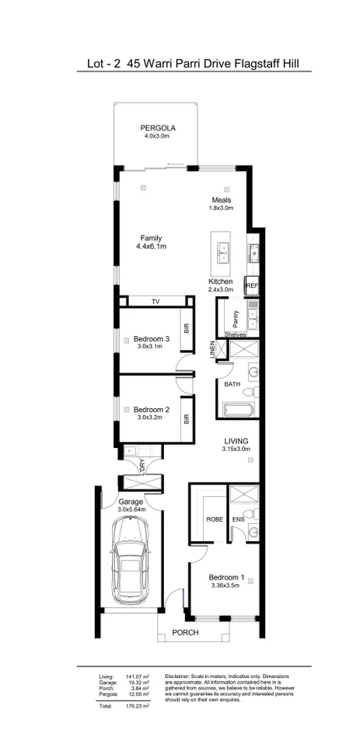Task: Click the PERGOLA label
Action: (157, 128)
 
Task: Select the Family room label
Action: (151, 238)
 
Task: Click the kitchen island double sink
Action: (222, 250)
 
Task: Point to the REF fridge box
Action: (251, 286)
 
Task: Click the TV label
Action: (155, 301)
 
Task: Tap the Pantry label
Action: (235, 320)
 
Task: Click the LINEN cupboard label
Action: (211, 351)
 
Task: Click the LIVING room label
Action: (235, 440)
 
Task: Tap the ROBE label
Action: (214, 519)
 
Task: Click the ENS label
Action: (239, 519)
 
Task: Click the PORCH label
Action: (186, 633)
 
